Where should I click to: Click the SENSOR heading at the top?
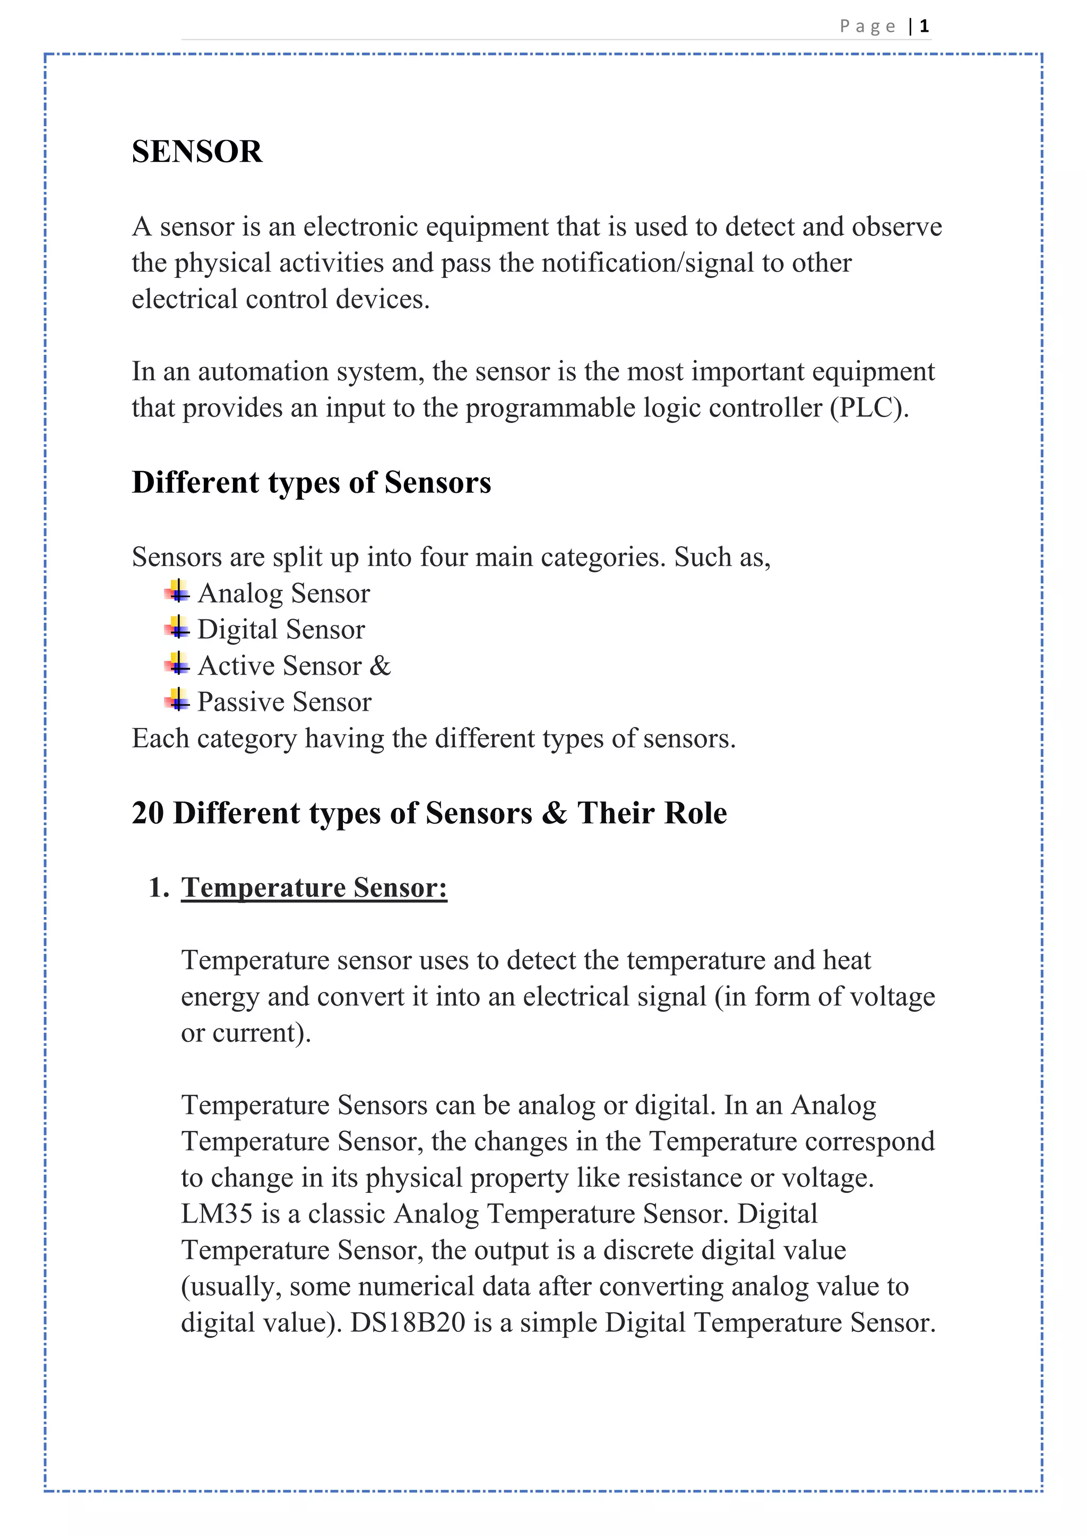click(x=197, y=151)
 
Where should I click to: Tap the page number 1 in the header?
click(x=925, y=26)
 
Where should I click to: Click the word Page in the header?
click(x=867, y=26)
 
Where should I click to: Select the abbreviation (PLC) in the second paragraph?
click(x=869, y=407)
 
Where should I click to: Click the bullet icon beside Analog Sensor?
click(x=177, y=592)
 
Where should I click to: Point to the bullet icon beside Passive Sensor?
click(x=177, y=701)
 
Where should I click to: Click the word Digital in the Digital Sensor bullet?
click(x=238, y=630)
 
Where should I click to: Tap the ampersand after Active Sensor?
click(x=380, y=666)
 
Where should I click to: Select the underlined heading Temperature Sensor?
click(x=314, y=887)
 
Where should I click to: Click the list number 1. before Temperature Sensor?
click(x=159, y=887)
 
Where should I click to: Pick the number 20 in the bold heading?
click(x=148, y=813)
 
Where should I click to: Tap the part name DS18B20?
click(x=408, y=1323)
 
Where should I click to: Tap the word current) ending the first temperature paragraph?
click(x=262, y=1033)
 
